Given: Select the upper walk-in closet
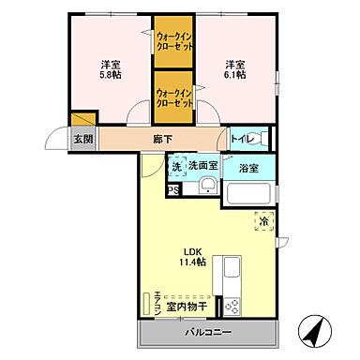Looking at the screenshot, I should (174, 43).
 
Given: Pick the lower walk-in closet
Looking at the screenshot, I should (174, 97).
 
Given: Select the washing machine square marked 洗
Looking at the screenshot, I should (175, 166).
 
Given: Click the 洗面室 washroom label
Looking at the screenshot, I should (202, 166).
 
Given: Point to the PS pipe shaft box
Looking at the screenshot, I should (172, 189).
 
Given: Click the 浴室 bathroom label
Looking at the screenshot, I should (248, 170).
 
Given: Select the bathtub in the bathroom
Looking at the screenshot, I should (247, 196).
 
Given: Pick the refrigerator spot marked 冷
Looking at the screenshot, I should (265, 222).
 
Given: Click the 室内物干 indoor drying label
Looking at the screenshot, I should (186, 305).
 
